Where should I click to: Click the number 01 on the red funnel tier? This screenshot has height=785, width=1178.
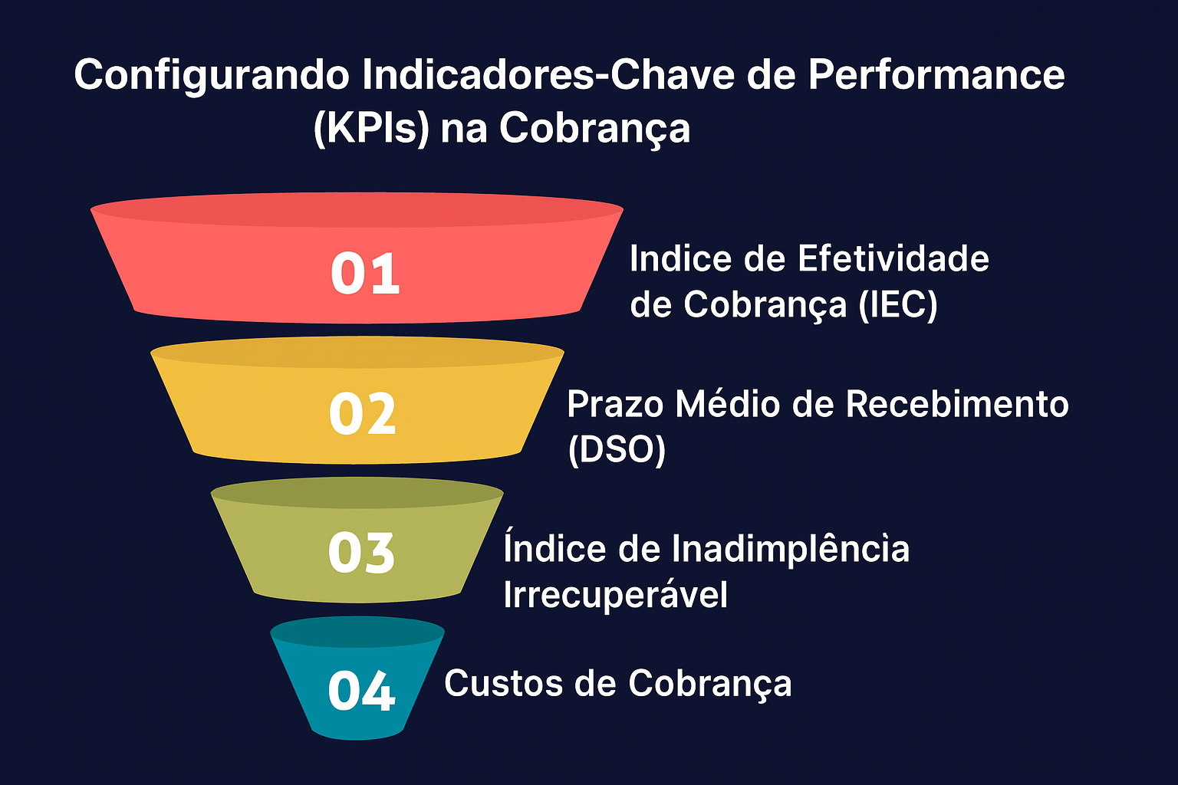(365, 274)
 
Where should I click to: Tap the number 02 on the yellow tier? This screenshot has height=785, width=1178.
(362, 414)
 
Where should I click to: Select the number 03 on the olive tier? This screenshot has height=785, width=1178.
(361, 553)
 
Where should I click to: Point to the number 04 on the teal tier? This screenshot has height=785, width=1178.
(361, 690)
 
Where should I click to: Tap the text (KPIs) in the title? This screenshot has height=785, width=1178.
(371, 128)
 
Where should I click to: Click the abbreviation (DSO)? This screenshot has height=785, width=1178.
(617, 449)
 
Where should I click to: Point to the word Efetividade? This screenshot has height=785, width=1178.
(893, 258)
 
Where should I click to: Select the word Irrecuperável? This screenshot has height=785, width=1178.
(615, 595)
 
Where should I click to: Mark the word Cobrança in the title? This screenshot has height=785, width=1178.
(595, 128)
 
